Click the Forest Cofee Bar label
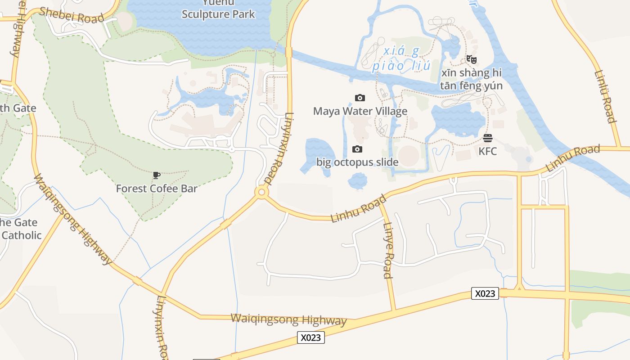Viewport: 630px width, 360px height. click(x=157, y=189)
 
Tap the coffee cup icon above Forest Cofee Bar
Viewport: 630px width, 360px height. click(x=157, y=175)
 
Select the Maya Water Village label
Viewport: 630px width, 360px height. click(x=360, y=111)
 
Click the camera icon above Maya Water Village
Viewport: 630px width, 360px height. click(x=360, y=98)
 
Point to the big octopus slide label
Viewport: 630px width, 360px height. click(x=357, y=162)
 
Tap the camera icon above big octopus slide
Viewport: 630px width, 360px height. click(x=357, y=149)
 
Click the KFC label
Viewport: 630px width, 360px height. click(x=488, y=151)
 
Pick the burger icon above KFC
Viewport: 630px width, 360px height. click(x=488, y=138)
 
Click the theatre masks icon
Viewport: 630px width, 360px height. click(x=472, y=59)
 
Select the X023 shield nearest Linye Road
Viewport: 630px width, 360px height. click(x=485, y=293)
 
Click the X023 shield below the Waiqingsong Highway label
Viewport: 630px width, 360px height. click(x=310, y=337)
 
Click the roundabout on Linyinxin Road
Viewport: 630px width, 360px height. click(x=261, y=193)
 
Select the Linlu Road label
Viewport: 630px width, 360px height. click(x=605, y=96)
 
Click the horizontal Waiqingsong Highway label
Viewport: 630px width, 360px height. click(x=288, y=319)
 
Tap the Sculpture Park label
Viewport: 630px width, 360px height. click(x=218, y=14)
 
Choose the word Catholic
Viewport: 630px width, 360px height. click(x=22, y=235)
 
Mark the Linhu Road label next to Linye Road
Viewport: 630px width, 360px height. click(x=358, y=208)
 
